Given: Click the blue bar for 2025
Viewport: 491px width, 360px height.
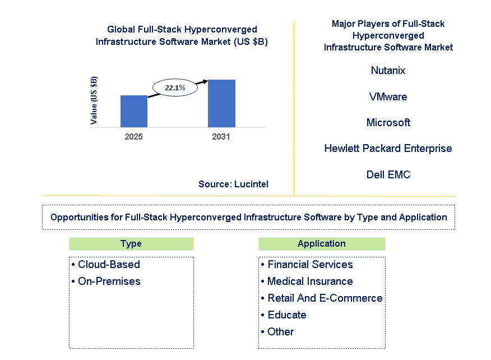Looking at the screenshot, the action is click(x=134, y=111).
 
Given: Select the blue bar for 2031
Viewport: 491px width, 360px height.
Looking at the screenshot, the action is click(x=221, y=103).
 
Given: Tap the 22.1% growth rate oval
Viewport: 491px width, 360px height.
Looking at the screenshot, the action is click(x=175, y=87).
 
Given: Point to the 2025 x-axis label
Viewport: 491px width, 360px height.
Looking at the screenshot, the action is click(x=133, y=137).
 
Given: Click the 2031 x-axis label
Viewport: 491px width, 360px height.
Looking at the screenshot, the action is click(x=221, y=137).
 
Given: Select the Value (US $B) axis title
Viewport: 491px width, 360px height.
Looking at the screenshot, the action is click(x=94, y=100).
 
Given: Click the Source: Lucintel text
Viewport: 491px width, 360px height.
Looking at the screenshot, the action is click(x=233, y=184).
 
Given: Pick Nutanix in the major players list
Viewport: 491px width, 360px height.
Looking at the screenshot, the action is click(x=388, y=70).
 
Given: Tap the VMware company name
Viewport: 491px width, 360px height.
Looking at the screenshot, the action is click(x=388, y=96).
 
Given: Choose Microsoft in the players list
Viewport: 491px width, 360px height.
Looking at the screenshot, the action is click(x=388, y=122).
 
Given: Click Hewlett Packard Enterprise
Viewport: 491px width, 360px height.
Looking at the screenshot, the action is click(x=388, y=148).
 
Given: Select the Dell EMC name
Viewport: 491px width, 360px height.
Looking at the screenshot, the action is click(x=388, y=174).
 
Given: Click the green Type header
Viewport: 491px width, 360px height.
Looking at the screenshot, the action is click(x=131, y=244).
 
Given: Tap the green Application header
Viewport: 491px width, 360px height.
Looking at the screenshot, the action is click(x=322, y=244).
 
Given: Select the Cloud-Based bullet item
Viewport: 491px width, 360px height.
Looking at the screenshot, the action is click(x=106, y=265).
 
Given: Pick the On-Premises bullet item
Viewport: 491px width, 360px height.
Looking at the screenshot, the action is click(x=106, y=281).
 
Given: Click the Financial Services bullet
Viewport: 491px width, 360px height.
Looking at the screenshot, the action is click(x=307, y=265).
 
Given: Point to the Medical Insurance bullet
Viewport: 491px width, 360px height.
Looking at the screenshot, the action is click(x=307, y=281).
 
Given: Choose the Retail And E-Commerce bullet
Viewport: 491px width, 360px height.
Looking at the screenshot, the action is click(x=322, y=298).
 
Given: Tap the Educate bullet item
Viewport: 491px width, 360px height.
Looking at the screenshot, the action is click(x=284, y=315).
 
